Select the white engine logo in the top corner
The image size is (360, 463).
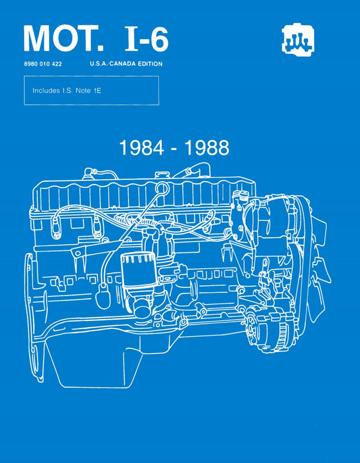pos(295,41)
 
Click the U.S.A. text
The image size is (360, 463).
pos(99,64)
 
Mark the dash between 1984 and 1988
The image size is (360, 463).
pos(175,149)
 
